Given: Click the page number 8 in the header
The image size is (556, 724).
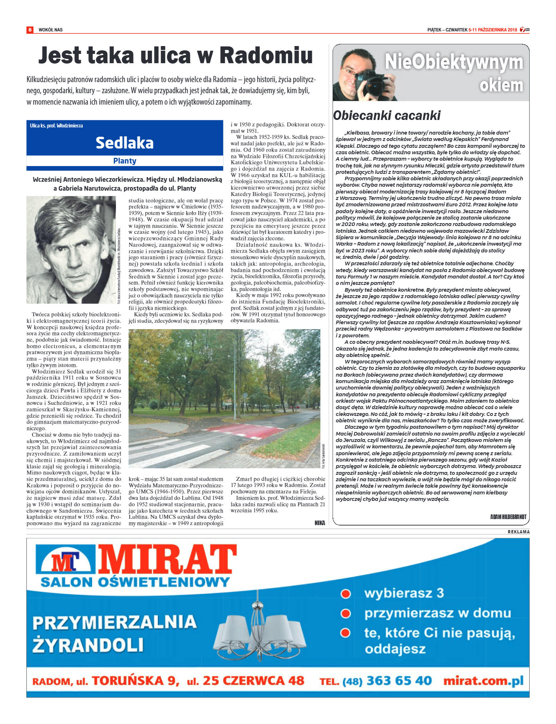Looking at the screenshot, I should pos(30,30).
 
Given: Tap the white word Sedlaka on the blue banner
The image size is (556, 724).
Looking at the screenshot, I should pos(125,143).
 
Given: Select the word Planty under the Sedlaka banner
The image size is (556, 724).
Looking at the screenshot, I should pos(125,161).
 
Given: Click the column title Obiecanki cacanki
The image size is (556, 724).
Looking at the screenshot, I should pos(386,116).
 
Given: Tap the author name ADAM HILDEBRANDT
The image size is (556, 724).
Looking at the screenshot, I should pos(508,517).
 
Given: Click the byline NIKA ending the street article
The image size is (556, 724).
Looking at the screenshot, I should pos(320,523).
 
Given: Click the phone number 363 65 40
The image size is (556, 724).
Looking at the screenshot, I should pos(399,680).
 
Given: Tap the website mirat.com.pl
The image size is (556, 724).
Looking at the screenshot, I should pos(483,680).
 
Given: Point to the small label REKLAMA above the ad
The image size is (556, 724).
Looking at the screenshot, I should pos(519,532).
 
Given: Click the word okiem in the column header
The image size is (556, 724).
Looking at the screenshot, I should pos(501,85).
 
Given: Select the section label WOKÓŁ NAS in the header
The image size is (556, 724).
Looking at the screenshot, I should pos(50,30).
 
